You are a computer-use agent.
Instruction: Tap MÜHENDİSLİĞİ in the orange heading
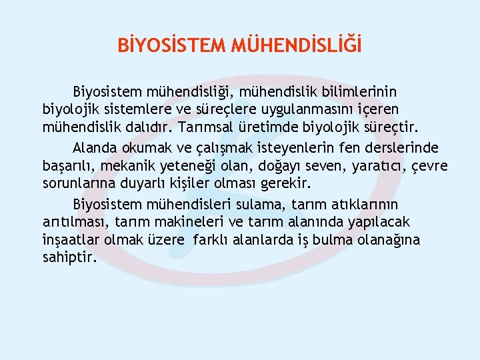[297, 46]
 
